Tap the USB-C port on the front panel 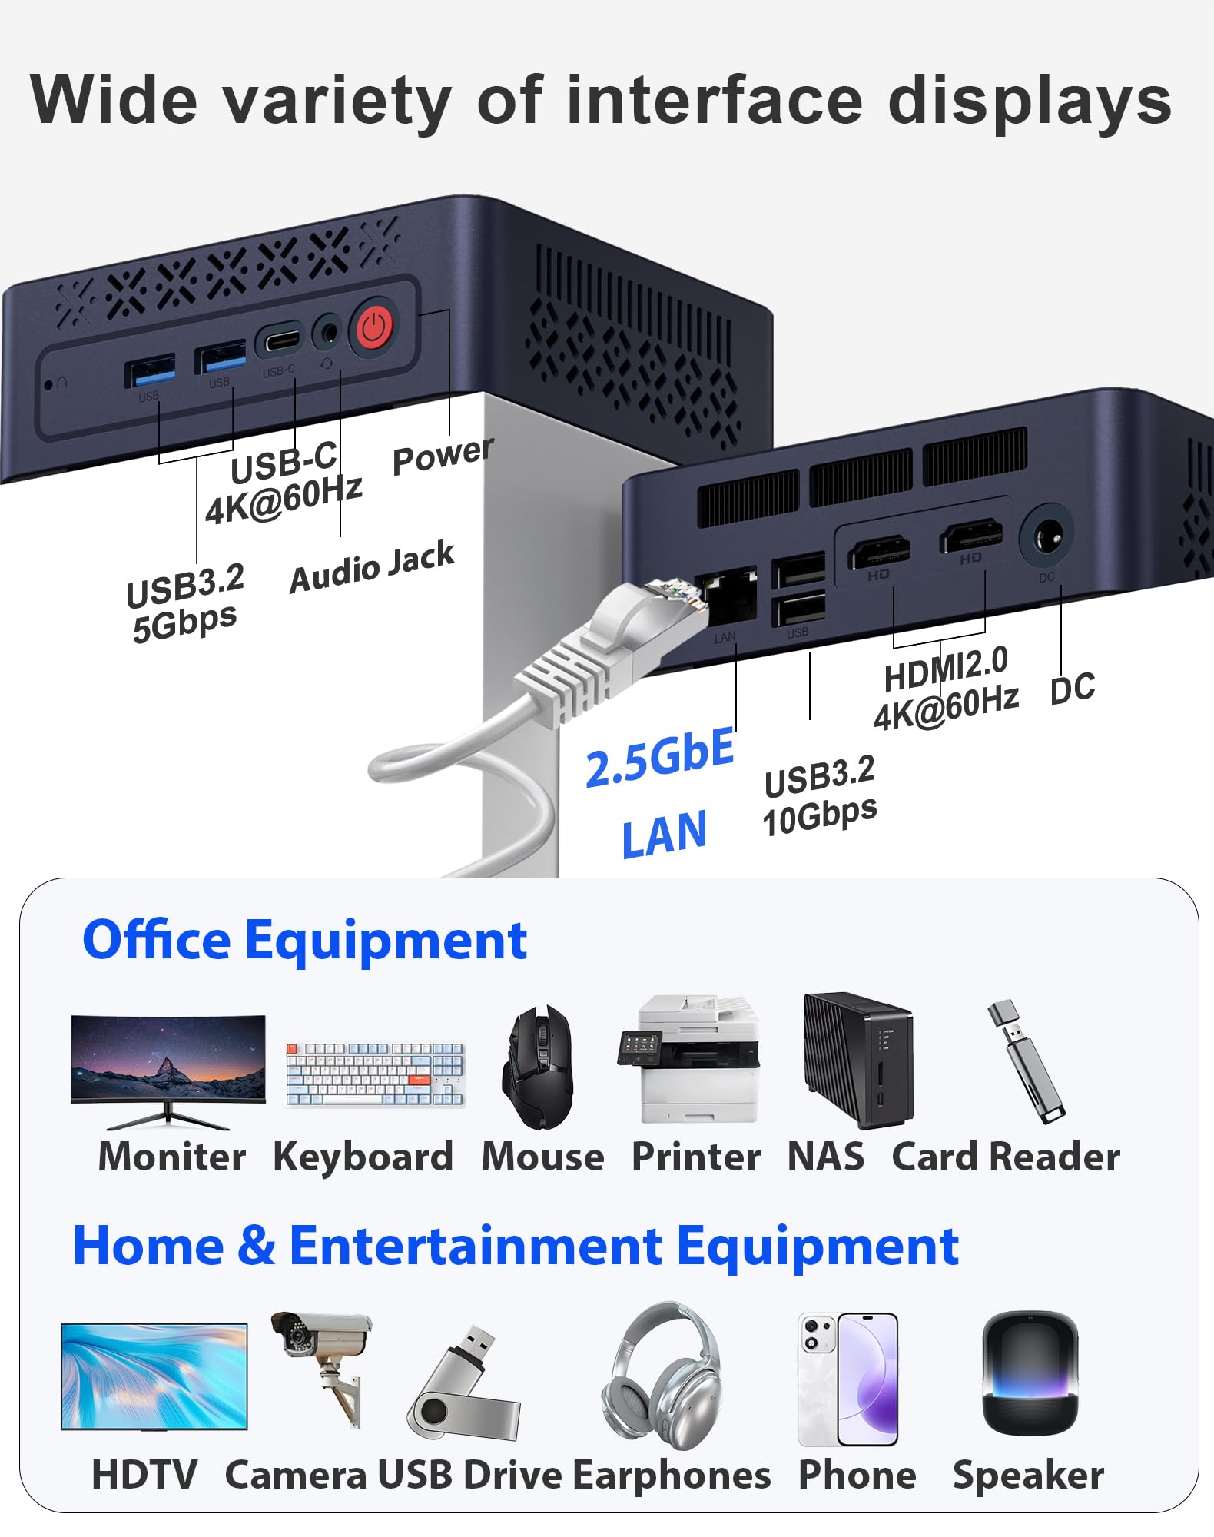278,340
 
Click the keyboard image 375,1074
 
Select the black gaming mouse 537,1067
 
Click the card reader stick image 1026,1061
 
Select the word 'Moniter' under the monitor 172,1157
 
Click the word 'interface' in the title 715,101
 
